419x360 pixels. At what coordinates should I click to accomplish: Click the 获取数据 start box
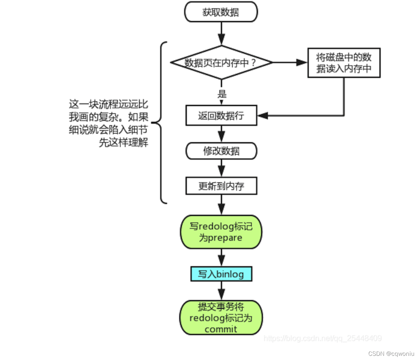[x=221, y=12]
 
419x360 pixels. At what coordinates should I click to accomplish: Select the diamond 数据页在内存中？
[x=221, y=63]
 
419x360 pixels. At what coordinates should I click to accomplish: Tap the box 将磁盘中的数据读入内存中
[x=344, y=63]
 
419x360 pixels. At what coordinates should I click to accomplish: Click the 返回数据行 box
[x=221, y=116]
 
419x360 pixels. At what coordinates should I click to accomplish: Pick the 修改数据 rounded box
[x=221, y=151]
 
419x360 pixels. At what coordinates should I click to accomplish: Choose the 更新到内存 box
[x=221, y=186]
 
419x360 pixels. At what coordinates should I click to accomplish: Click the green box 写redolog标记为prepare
[x=221, y=232]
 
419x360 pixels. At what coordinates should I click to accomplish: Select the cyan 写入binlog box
[x=221, y=274]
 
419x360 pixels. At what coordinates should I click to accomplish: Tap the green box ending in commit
[x=221, y=318]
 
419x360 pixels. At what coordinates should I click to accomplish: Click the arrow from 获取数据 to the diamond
[x=221, y=34]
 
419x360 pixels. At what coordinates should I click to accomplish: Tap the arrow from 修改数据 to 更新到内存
[x=221, y=168]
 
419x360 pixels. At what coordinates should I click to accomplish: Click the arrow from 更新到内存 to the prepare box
[x=221, y=205]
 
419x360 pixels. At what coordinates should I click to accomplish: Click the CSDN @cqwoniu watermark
[x=391, y=354]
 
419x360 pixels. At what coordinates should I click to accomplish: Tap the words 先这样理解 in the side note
[x=124, y=142]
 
